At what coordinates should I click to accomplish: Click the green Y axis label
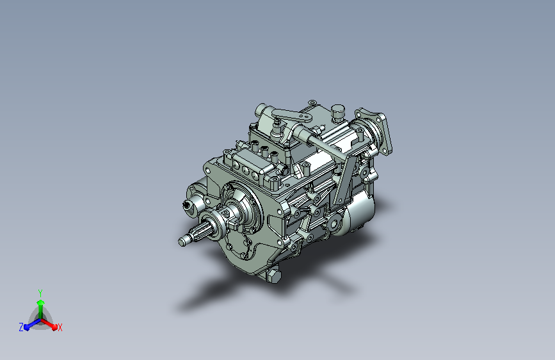(40, 293)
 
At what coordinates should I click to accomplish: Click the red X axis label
(60, 328)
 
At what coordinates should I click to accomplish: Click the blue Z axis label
(21, 327)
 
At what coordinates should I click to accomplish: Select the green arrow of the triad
(41, 309)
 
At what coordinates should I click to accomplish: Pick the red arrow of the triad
(49, 324)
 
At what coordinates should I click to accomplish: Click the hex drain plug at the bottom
(273, 275)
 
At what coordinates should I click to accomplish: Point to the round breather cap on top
(338, 112)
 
